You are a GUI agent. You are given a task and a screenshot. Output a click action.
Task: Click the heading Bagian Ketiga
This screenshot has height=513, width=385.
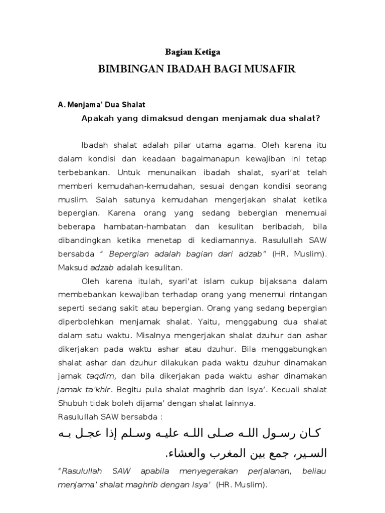192,52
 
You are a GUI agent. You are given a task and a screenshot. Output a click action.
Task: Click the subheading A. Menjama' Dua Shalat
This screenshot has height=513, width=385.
101,105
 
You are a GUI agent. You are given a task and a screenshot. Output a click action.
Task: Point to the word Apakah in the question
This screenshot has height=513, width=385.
95,118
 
